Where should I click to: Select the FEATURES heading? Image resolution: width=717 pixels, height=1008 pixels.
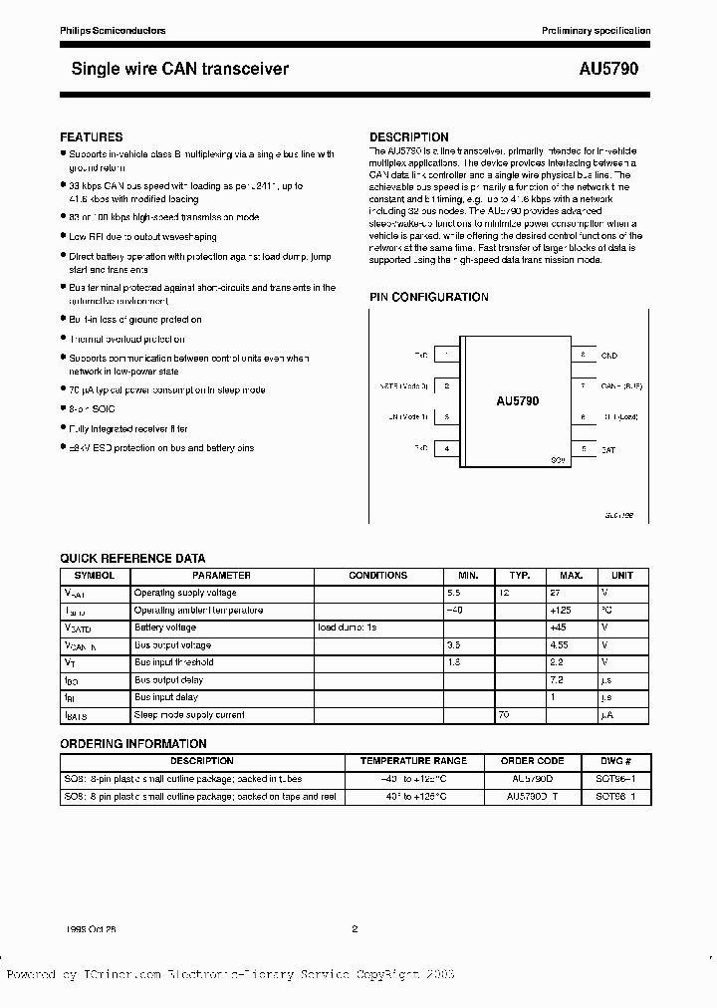[x=92, y=136]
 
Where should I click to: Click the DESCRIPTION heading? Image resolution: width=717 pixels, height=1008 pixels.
[x=408, y=136]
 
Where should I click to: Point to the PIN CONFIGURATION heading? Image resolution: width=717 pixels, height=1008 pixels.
[x=429, y=297]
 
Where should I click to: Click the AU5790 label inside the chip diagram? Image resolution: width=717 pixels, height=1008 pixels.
[x=518, y=400]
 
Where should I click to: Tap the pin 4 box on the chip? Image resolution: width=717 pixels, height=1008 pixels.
[x=447, y=449]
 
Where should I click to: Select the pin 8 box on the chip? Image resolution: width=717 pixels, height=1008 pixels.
[x=583, y=354]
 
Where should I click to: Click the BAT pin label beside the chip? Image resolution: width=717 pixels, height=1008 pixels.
[x=607, y=449]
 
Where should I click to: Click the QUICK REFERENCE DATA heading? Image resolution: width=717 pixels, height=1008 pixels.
[x=132, y=559]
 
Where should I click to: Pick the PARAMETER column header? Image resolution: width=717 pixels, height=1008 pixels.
[x=221, y=576]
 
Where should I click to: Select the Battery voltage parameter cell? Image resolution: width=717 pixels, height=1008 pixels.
[x=165, y=628]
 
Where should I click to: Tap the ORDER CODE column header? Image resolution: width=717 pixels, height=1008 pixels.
[x=537, y=760]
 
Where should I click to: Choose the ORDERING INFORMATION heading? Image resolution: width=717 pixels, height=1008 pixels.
[x=133, y=744]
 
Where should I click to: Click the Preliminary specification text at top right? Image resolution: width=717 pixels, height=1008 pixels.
[x=596, y=31]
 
